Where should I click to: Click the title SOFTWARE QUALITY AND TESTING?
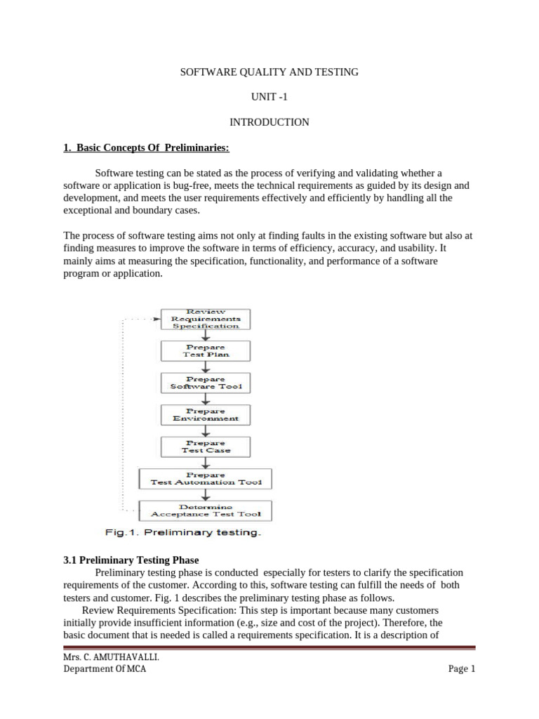tap(269, 72)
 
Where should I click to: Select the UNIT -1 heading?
tap(269, 97)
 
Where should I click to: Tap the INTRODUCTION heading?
tap(269, 122)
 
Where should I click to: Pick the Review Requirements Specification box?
tap(206, 319)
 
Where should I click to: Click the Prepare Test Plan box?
tap(206, 350)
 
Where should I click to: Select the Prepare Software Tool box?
tap(206, 382)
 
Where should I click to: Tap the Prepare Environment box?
tap(206, 414)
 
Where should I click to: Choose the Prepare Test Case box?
tap(206, 446)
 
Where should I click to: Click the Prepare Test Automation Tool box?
tap(206, 478)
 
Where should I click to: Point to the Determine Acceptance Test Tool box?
tap(206, 510)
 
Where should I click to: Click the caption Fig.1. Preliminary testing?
tap(183, 532)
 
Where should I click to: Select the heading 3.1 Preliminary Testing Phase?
tap(131, 560)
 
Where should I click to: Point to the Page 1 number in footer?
tap(462, 669)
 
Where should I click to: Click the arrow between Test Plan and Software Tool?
tap(206, 367)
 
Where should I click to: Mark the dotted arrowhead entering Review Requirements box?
tap(157, 318)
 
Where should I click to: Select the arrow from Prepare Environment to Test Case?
tap(206, 430)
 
